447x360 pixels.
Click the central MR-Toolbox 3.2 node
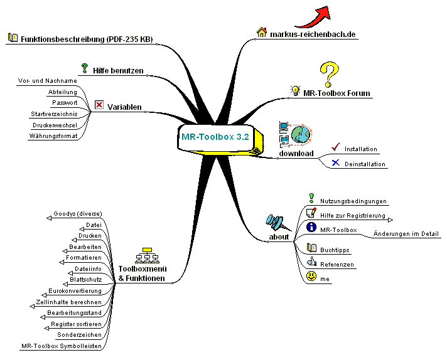click(214, 136)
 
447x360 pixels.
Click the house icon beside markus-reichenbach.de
click(262, 32)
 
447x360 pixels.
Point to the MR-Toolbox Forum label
click(337, 93)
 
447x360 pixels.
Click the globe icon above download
click(300, 134)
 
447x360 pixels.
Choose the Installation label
click(361, 149)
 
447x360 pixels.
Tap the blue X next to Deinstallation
click(335, 163)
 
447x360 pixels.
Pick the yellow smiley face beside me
click(311, 276)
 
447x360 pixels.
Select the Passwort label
click(65, 102)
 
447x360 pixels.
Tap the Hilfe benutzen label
click(119, 70)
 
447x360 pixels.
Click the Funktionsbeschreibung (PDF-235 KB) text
click(86, 39)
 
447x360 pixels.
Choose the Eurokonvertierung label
click(75, 291)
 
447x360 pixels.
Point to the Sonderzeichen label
click(83, 335)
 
